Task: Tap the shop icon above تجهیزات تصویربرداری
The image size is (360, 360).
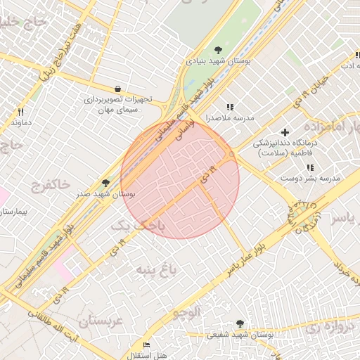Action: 117,89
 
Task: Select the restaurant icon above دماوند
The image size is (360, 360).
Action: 21,112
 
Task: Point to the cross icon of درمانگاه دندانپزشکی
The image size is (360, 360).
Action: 285,132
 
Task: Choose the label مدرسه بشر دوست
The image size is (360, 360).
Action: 310,178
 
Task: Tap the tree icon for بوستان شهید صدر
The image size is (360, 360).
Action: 106,183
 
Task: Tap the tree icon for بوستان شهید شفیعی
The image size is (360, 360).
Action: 240,323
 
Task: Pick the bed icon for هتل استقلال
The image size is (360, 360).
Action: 146,345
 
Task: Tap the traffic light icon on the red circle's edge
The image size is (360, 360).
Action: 232,155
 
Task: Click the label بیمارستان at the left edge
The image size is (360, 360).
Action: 13,211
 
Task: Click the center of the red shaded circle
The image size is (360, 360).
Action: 180,179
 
